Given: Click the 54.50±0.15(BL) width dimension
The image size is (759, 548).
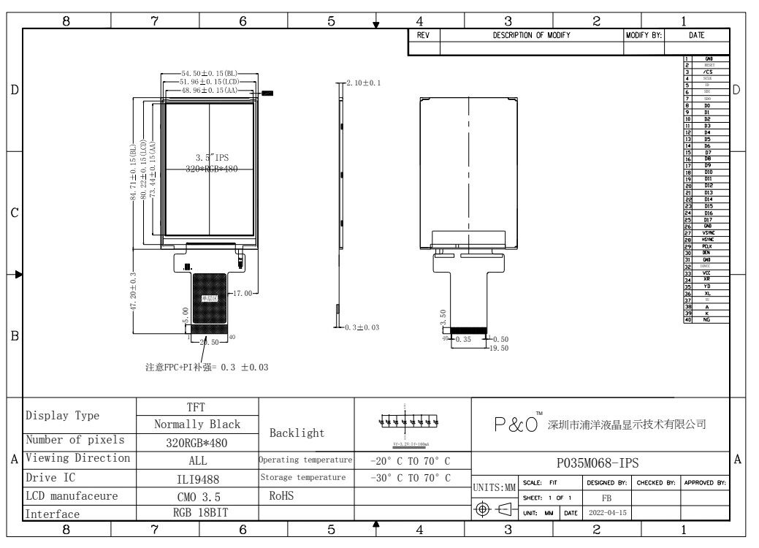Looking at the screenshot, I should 209,74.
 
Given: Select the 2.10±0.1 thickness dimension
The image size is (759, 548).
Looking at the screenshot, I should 363,83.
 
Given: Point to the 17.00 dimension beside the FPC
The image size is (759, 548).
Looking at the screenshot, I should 243,293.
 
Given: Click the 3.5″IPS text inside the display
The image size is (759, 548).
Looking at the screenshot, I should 211,158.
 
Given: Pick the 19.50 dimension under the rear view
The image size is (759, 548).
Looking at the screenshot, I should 499,348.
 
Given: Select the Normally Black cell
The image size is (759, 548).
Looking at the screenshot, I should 197,424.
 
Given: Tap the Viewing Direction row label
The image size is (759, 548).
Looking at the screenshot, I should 78,459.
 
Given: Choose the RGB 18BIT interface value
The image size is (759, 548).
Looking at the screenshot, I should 198,513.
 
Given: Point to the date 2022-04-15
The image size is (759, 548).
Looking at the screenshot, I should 606,513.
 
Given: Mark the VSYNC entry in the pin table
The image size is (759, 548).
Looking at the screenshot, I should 708,233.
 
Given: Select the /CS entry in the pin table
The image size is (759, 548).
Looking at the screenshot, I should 708,72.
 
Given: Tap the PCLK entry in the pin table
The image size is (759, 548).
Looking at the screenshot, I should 708,246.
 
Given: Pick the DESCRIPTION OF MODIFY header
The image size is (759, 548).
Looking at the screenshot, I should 531,35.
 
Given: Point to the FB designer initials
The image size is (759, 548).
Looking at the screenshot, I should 606,498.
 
